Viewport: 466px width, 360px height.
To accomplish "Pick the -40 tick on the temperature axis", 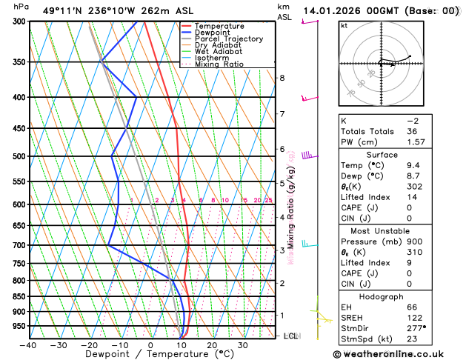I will tap(28, 344).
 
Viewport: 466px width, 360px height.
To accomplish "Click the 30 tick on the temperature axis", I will tap(242, 344).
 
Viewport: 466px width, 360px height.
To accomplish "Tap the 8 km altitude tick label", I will tap(282, 78).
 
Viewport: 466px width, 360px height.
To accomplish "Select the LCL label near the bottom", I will tap(291, 336).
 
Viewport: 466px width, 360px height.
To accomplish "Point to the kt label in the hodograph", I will tap(344, 26).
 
